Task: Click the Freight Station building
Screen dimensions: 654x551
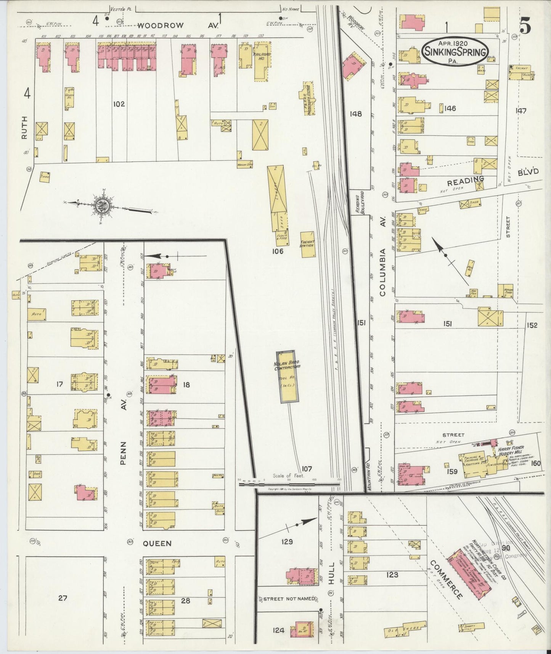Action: coord(307,244)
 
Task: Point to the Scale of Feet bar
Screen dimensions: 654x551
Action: coord(289,484)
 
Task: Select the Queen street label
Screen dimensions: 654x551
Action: coord(157,543)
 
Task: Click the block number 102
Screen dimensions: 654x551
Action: coord(119,104)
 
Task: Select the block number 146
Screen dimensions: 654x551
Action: coord(450,109)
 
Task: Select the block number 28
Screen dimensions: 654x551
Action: coord(185,601)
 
